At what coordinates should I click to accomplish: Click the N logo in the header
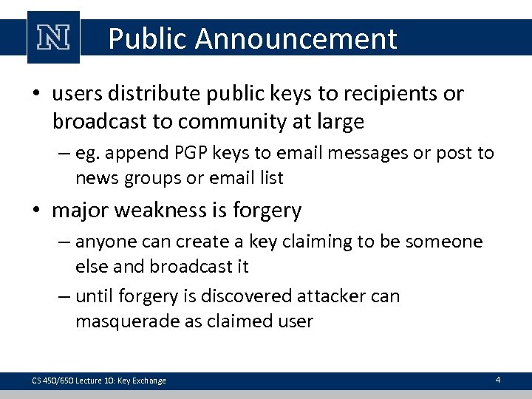point(52,38)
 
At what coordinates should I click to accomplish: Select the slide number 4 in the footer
point(497,380)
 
